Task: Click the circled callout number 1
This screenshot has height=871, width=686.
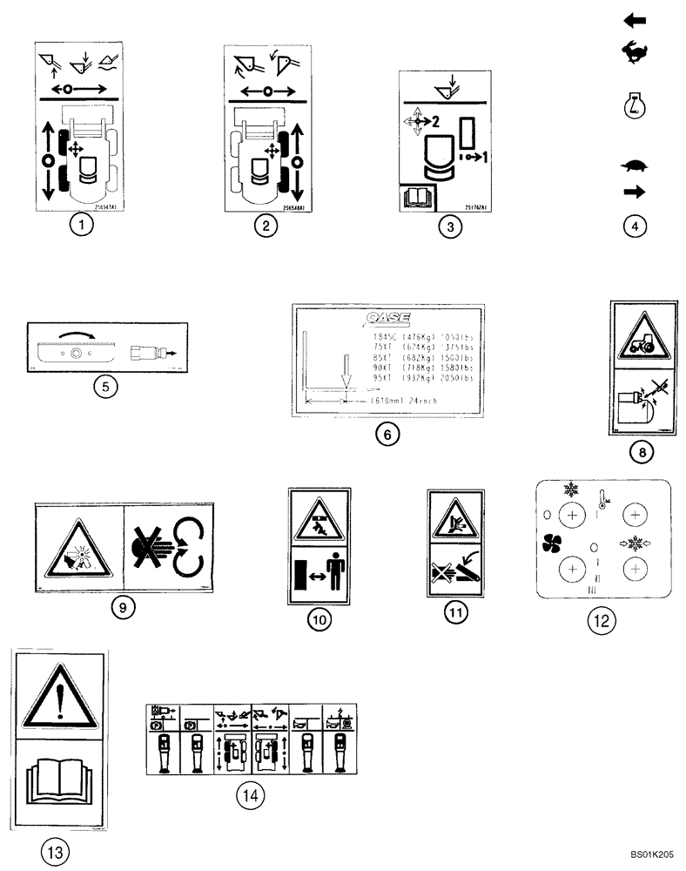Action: click(81, 226)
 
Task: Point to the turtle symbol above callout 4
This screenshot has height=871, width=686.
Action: click(635, 165)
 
